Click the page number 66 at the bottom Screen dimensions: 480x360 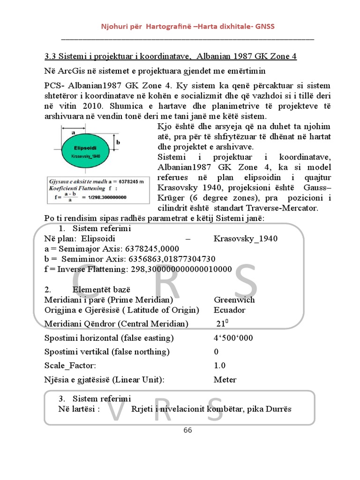[x=188, y=430]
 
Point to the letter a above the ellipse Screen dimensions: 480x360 [x=74, y=133]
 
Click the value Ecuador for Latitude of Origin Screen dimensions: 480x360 [x=229, y=310]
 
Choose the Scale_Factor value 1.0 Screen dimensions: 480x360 [x=219, y=366]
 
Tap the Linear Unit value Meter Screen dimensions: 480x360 [x=225, y=380]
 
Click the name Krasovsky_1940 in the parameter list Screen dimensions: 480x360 [x=245, y=239]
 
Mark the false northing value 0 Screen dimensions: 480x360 [x=216, y=352]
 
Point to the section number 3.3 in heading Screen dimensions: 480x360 [x=50, y=57]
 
